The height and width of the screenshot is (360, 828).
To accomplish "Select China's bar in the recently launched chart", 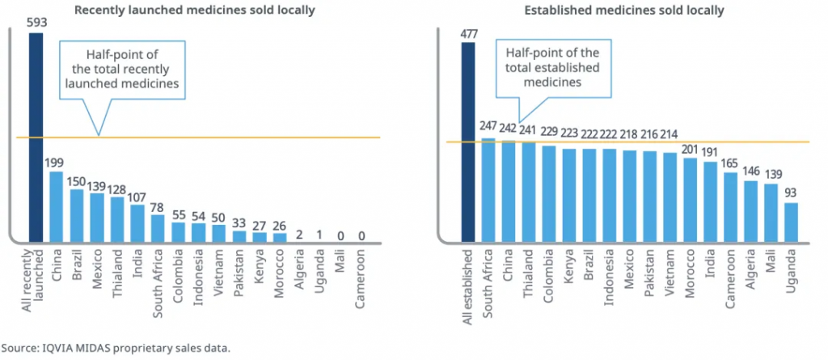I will pyautogui.click(x=56, y=206).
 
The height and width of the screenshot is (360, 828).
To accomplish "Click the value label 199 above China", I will pyautogui.click(x=56, y=163).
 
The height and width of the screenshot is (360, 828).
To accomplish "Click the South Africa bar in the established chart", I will pyautogui.click(x=488, y=190).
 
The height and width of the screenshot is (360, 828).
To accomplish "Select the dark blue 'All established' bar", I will pyautogui.click(x=468, y=142).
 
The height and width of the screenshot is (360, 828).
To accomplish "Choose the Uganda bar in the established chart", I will pyautogui.click(x=792, y=222).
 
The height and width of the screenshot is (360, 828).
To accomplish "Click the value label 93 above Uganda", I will pyautogui.click(x=792, y=193).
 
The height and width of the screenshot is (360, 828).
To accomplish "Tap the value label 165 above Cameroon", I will pyautogui.click(x=731, y=163).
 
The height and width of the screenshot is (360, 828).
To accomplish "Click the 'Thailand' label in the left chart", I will pyautogui.click(x=117, y=270).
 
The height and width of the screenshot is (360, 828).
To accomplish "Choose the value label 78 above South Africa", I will pyautogui.click(x=158, y=205).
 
